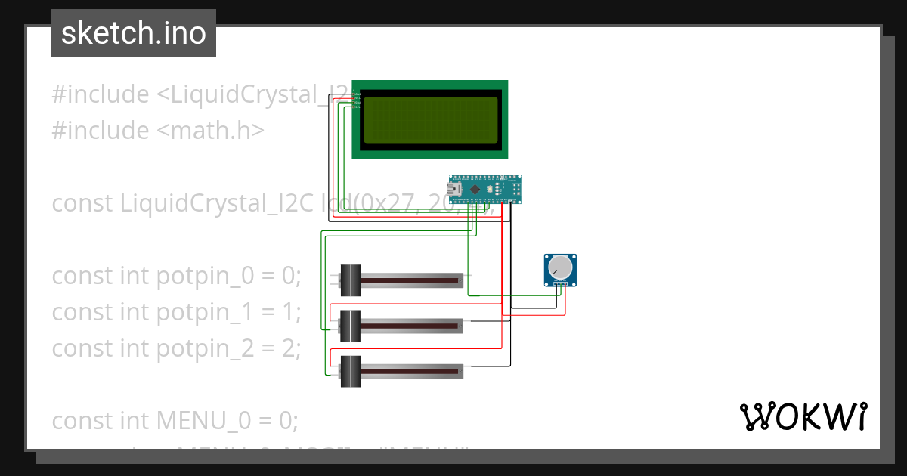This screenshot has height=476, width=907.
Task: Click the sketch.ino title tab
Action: [134, 33]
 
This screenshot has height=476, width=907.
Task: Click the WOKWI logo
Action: [803, 416]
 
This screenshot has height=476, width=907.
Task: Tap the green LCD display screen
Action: [429, 120]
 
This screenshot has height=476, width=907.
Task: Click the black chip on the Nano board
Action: [475, 189]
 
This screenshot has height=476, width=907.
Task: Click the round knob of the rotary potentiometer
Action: [560, 267]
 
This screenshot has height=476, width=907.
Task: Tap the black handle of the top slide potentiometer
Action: [351, 280]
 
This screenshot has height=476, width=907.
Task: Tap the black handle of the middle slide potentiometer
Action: [351, 326]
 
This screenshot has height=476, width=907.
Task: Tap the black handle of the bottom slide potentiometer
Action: [351, 371]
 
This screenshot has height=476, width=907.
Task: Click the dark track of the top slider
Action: [412, 280]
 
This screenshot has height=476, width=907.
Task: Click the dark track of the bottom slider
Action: [412, 371]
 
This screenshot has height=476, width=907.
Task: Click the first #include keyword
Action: [100, 94]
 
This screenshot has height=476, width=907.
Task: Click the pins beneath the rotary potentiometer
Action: [560, 284]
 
